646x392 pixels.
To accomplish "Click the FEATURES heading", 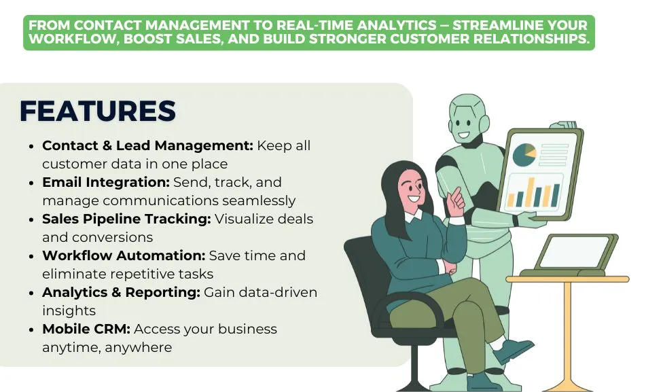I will (98, 111).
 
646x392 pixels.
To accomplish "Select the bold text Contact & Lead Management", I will (147, 146).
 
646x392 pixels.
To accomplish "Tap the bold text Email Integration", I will (105, 183).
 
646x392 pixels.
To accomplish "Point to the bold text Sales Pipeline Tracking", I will (126, 219).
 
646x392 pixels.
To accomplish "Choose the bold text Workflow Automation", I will (123, 256).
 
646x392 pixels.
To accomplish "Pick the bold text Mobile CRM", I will (86, 329).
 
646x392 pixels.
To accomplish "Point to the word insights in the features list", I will (69, 311).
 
